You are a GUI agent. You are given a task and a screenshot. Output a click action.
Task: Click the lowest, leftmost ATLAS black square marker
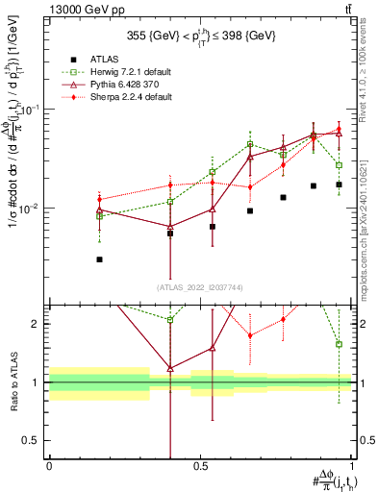(100, 259)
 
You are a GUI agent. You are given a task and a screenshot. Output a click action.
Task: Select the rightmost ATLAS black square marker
(339, 184)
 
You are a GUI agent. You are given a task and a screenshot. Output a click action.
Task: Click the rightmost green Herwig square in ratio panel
(339, 344)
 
